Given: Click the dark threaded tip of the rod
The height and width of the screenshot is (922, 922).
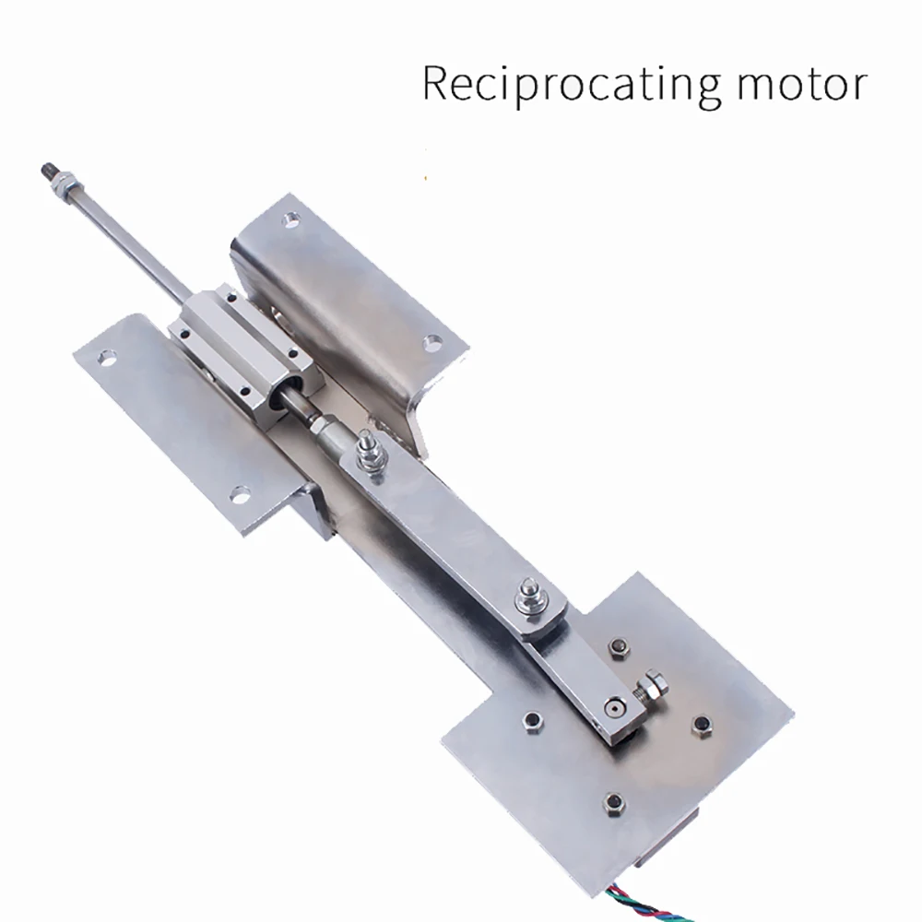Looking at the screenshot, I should (46, 171).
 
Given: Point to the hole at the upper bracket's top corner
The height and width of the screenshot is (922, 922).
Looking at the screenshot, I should (291, 220).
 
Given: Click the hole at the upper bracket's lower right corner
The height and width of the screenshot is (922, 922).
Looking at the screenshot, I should (431, 343).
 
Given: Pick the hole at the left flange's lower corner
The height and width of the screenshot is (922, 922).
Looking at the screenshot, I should (240, 495).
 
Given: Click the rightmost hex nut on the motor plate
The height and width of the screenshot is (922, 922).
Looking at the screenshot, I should (702, 725).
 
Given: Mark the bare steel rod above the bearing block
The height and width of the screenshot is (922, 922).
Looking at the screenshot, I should (129, 240).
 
